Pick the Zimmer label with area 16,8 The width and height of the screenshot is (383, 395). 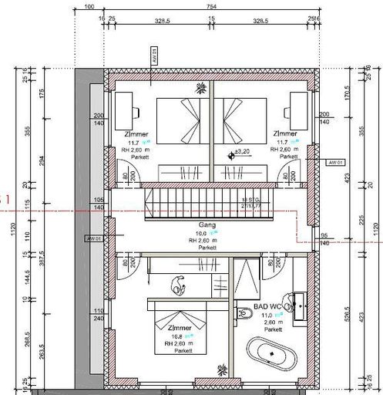(180, 328)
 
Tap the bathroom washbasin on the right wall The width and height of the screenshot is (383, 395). (297, 302)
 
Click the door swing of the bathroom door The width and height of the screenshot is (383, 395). (274, 267)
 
